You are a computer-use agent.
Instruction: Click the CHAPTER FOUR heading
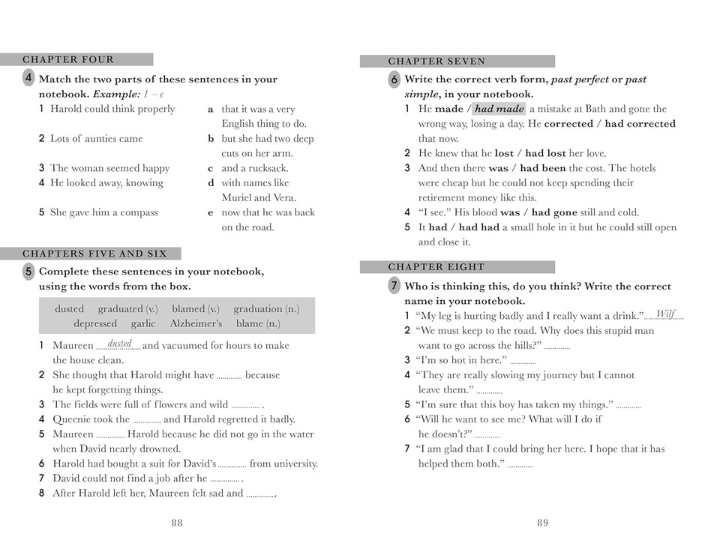click(68, 60)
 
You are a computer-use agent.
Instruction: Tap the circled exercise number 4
click(28, 78)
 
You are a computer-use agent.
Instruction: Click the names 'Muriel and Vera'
click(254, 197)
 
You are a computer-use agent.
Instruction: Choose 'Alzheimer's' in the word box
click(196, 323)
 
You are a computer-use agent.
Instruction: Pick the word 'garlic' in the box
click(143, 323)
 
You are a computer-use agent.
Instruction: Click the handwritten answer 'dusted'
click(120, 344)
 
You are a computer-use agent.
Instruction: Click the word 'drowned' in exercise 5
click(159, 449)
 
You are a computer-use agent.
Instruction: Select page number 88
click(176, 523)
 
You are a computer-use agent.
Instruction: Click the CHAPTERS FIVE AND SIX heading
click(94, 254)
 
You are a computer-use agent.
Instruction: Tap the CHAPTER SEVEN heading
click(436, 62)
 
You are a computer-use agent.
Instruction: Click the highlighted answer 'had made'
click(499, 109)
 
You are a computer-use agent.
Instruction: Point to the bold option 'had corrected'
click(640, 124)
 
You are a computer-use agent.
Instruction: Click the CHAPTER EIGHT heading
click(436, 267)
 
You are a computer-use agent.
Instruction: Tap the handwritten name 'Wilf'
click(665, 314)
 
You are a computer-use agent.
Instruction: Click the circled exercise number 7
click(394, 285)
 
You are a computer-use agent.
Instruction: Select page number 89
click(542, 523)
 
